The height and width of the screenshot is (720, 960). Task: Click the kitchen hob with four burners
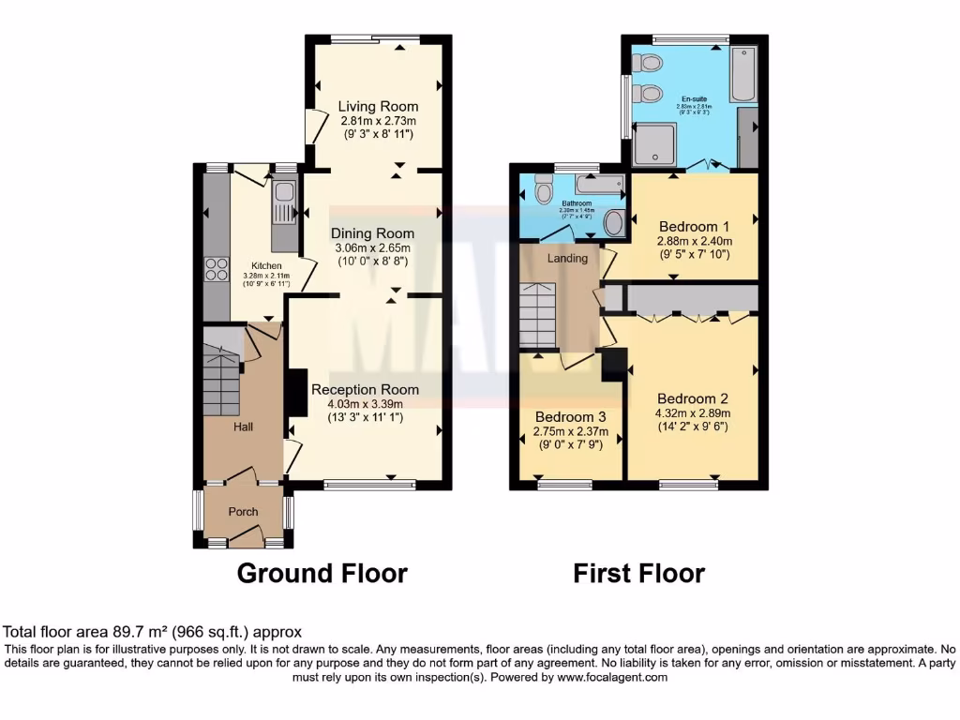coord(217,269)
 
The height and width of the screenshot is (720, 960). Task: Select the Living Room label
coord(378,106)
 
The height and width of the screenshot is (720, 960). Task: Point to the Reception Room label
coord(365,389)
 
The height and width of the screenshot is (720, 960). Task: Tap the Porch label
coord(244,511)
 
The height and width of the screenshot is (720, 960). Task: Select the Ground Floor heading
coord(322,573)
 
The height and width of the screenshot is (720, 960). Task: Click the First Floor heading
coord(638,573)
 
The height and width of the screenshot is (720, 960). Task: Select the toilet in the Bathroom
coord(543,190)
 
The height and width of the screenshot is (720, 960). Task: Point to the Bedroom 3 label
coord(570,417)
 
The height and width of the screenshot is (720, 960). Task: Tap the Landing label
coord(567,258)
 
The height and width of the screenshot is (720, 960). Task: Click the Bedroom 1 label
coord(694,227)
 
